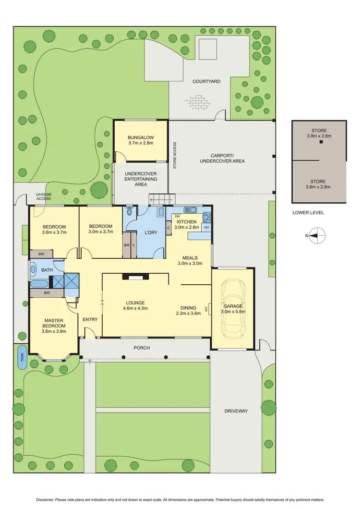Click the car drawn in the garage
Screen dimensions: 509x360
(x=232, y=307)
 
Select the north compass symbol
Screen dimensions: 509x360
(x=317, y=235)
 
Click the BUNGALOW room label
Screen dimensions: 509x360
(x=140, y=140)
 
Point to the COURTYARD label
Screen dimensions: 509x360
(x=206, y=82)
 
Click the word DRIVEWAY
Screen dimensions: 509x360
(x=236, y=411)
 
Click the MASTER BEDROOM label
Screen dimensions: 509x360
(x=54, y=326)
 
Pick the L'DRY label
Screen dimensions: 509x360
(x=152, y=232)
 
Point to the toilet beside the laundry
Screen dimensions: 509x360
(x=130, y=211)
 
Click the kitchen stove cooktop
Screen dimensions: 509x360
(x=207, y=216)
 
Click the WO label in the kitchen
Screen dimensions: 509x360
(x=206, y=227)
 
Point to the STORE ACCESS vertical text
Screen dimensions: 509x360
(x=175, y=155)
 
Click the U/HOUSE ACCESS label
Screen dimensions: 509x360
(x=44, y=196)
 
